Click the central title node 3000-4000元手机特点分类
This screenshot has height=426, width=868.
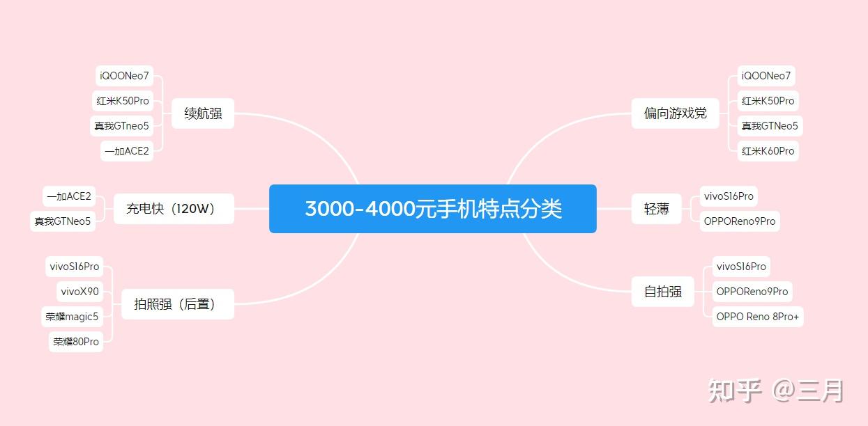432,209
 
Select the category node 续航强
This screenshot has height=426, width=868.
203,113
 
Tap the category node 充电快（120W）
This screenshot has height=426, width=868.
173,208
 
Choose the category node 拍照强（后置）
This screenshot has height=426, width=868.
177,304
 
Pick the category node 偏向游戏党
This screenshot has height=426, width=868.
675,113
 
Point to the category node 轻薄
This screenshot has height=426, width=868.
656,209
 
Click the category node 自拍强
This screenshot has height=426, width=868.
662,292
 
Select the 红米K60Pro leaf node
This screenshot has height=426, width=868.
768,151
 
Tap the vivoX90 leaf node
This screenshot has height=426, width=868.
79,292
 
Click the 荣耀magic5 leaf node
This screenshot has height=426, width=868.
73,317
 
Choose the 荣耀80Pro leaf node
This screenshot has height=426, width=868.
76,342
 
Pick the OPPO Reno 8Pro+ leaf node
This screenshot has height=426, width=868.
757,317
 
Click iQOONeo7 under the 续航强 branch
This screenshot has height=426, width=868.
124,76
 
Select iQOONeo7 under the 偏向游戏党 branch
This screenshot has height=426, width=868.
766,76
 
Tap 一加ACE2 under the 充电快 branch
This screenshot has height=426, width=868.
68,196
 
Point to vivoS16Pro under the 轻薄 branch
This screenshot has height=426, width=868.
729,196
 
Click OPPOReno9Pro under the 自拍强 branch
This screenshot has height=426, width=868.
752,292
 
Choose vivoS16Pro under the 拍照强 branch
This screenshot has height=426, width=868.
75,267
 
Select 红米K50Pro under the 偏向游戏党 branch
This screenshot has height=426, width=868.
768,101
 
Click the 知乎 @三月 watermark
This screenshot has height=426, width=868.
775,390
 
